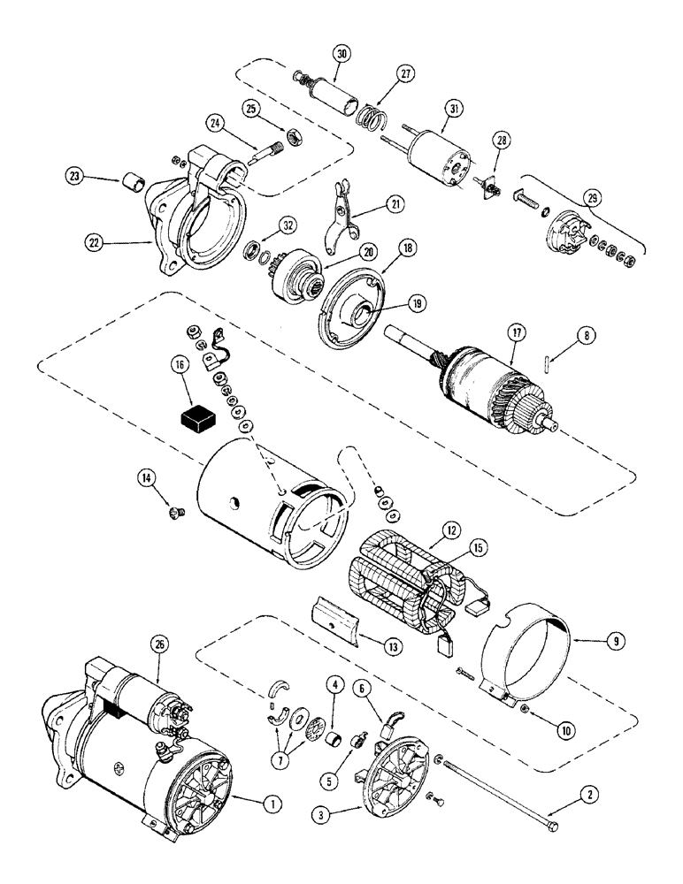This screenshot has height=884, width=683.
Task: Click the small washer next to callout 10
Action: tap(526, 711)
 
